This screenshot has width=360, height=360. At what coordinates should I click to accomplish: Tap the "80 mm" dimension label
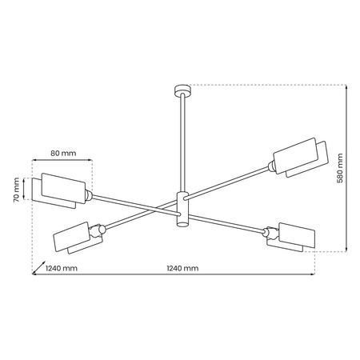point(62,153)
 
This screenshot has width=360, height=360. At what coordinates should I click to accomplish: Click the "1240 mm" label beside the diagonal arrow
point(62,269)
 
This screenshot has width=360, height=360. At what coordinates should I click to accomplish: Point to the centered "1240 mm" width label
point(182,269)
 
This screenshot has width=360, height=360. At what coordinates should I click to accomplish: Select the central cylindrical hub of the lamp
point(182,210)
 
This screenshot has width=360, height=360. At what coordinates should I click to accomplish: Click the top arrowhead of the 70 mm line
point(26,178)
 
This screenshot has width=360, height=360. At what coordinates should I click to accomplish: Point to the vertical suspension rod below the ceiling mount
point(181,144)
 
